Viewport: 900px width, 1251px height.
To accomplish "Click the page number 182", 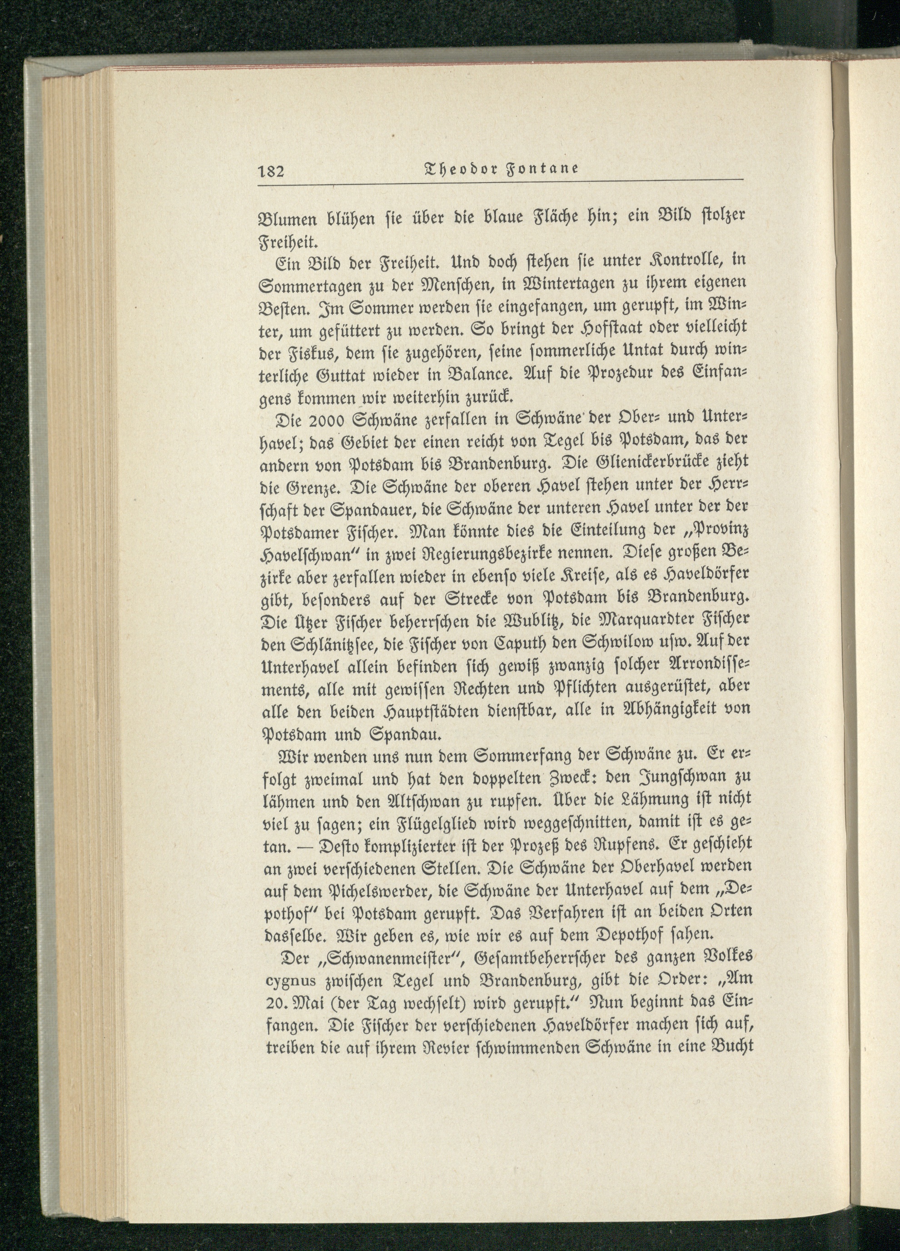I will [x=270, y=170].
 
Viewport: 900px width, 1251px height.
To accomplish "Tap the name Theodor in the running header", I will [x=459, y=169].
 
